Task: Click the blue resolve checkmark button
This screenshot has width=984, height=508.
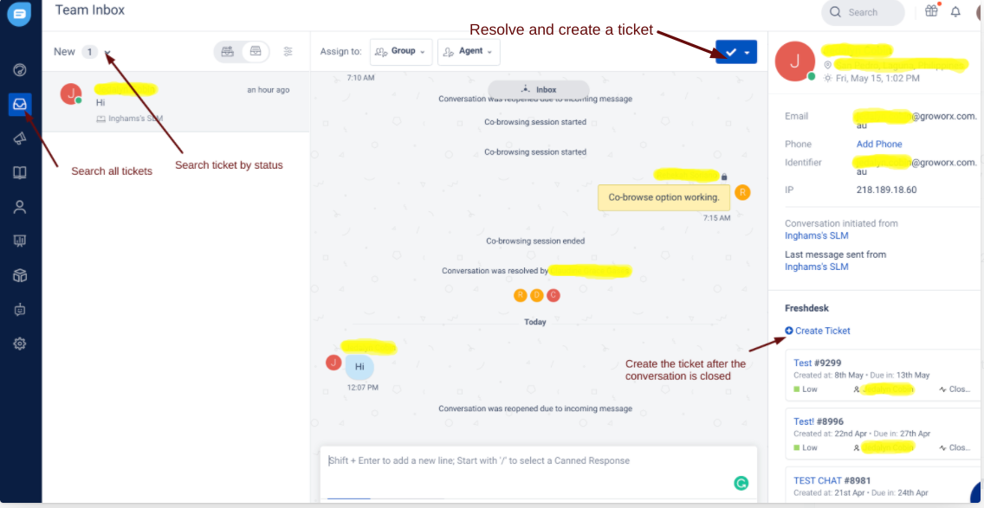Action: pos(730,52)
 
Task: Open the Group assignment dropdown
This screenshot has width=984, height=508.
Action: pos(401,52)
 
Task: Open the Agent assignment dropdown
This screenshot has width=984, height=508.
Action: pos(469,52)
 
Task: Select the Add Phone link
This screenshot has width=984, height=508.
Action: pos(879,145)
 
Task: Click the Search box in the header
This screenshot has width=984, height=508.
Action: pos(863,12)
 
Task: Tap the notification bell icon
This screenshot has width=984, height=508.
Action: pos(955,12)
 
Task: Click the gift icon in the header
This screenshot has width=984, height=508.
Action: pos(931,11)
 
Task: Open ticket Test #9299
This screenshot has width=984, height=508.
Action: pos(817,363)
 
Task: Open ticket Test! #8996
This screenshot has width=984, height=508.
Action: pos(819,421)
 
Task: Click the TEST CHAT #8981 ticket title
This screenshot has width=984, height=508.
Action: pos(832,480)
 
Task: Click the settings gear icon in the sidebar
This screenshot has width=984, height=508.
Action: pos(20,344)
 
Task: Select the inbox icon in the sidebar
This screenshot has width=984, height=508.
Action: pos(20,105)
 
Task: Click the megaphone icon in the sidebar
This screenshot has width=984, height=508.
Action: pos(20,138)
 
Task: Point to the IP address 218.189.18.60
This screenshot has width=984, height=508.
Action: pos(886,190)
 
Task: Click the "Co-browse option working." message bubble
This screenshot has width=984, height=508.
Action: pos(664,197)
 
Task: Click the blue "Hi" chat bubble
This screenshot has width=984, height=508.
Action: pos(359,367)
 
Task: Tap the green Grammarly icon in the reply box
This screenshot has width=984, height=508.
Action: pos(741,483)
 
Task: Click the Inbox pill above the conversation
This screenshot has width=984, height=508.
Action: pos(539,89)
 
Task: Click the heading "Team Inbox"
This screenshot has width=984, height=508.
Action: pos(90,10)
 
